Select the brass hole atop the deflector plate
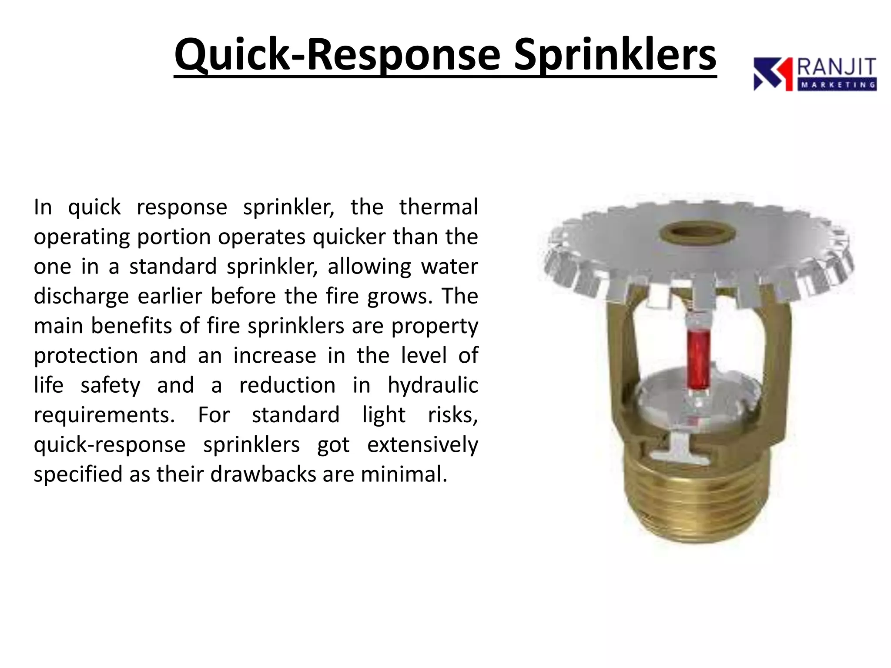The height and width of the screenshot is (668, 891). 697,234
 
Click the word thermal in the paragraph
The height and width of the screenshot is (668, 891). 439,207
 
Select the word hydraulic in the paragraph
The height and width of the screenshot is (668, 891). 433,385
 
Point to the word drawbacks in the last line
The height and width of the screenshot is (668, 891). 263,474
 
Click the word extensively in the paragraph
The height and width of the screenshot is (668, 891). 422,444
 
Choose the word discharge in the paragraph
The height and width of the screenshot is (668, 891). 81,297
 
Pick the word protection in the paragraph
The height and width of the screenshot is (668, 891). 86,356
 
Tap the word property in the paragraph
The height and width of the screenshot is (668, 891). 435,326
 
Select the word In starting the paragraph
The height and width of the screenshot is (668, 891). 43,207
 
